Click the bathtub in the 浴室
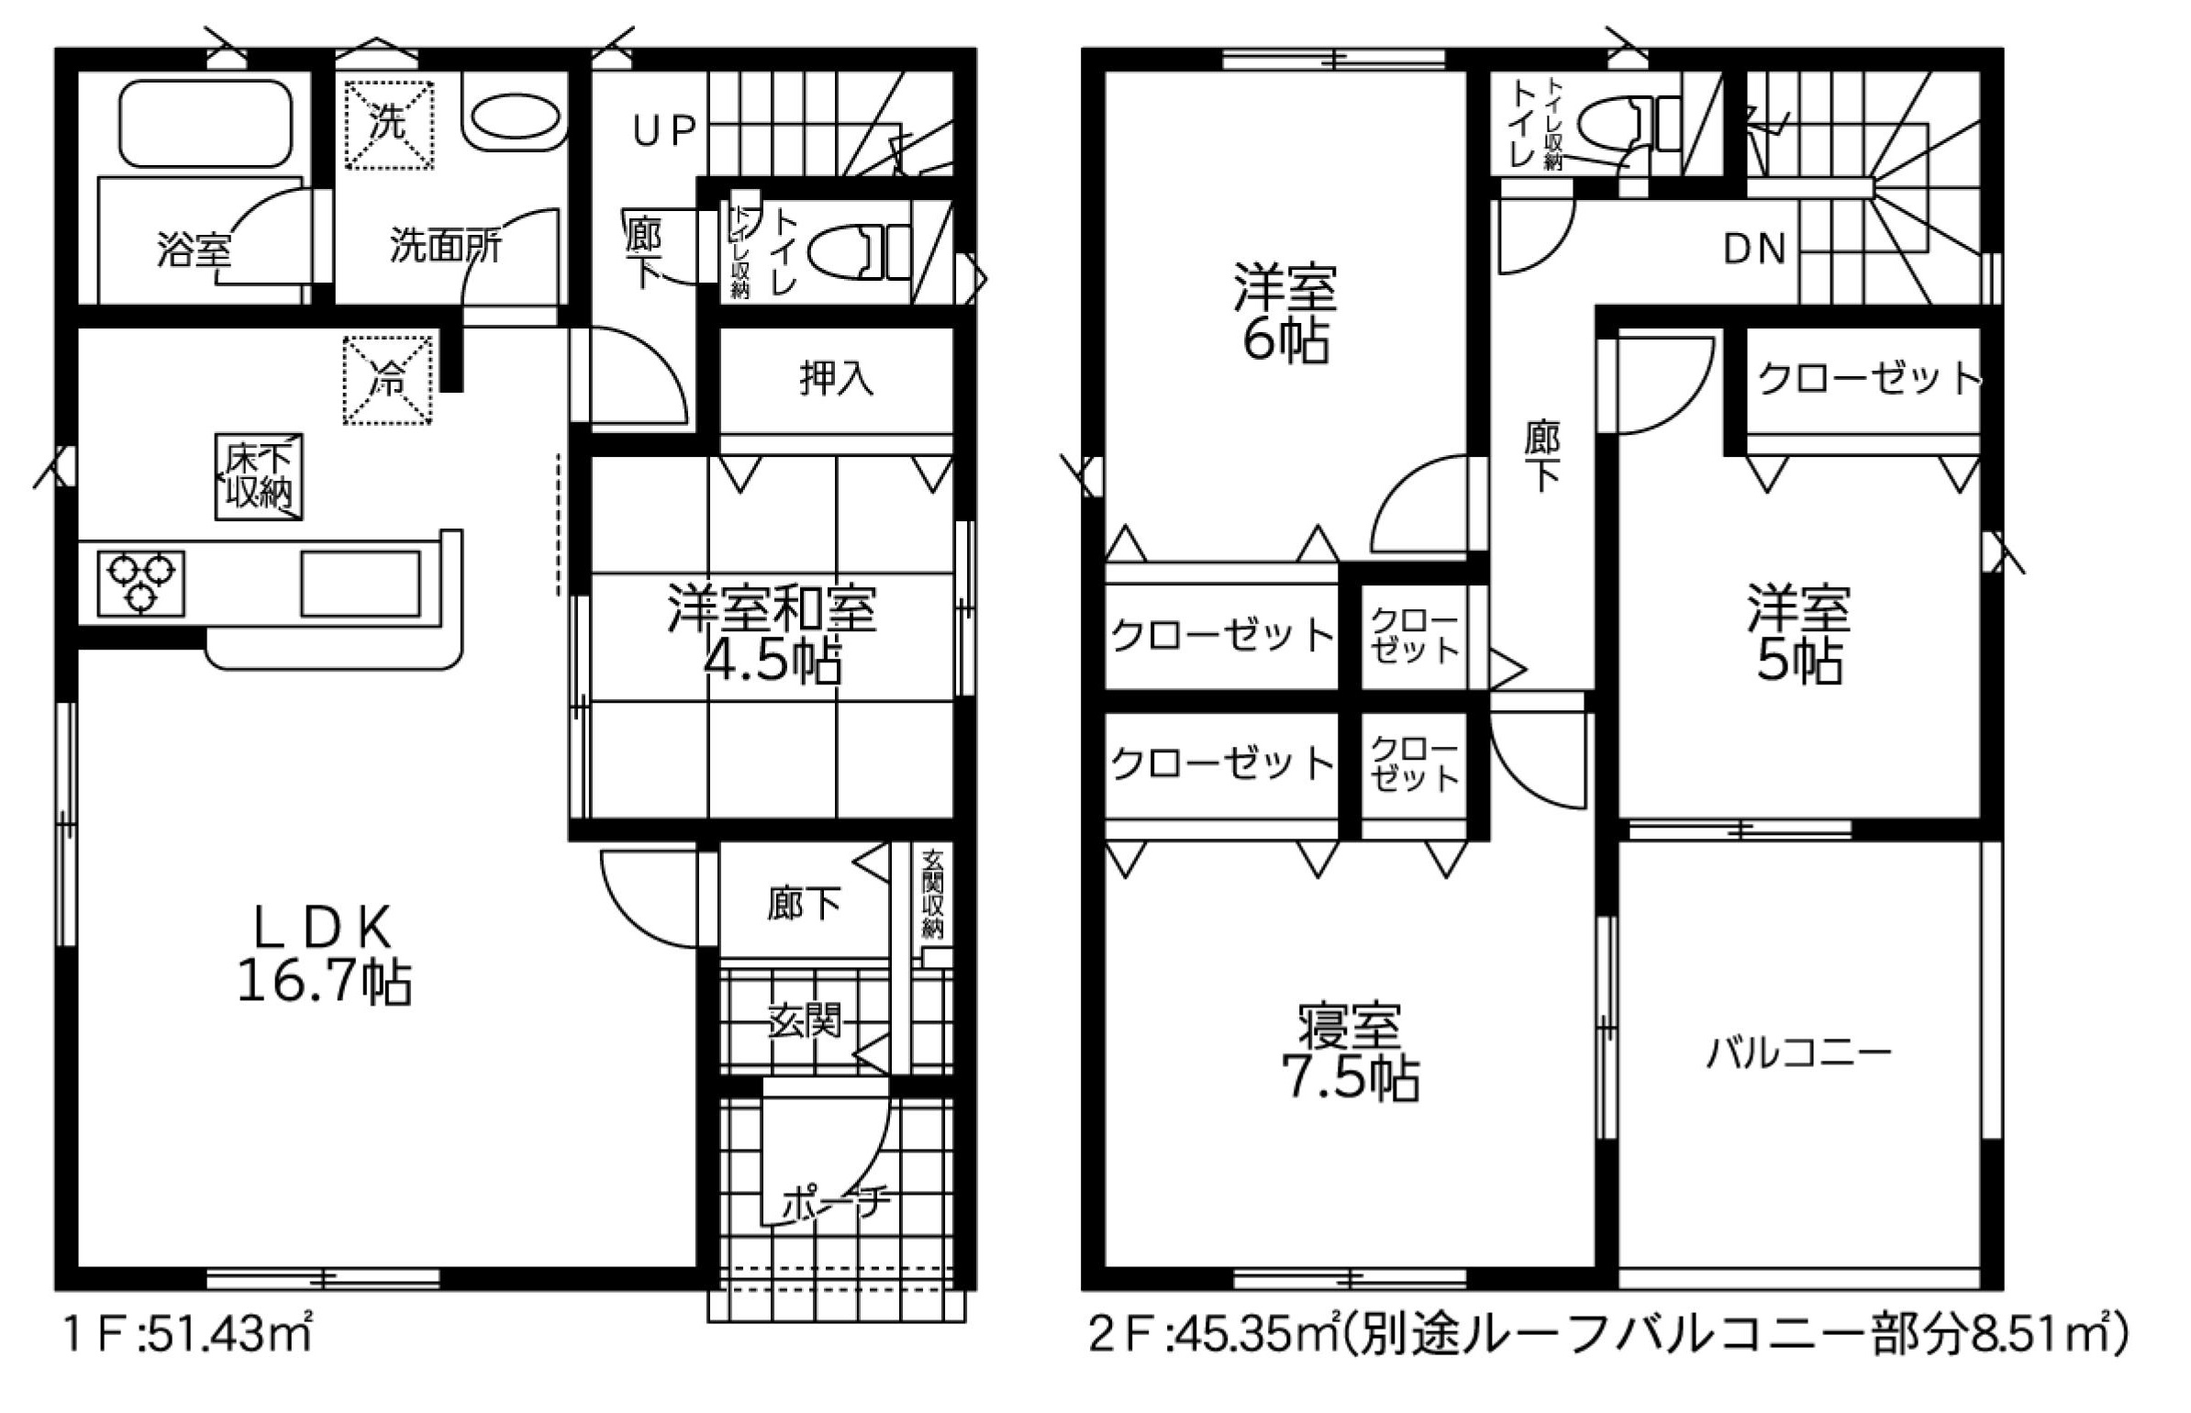pyautogui.click(x=206, y=124)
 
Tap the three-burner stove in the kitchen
pyautogui.click(x=140, y=583)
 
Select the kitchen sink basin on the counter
pyautogui.click(x=361, y=583)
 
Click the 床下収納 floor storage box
pyautogui.click(x=260, y=477)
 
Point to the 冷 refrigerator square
pyautogui.click(x=388, y=380)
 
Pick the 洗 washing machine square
pyautogui.click(x=388, y=125)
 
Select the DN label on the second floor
pyautogui.click(x=1754, y=250)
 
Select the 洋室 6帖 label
pyautogui.click(x=1285, y=313)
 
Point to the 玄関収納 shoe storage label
pyautogui.click(x=933, y=894)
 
